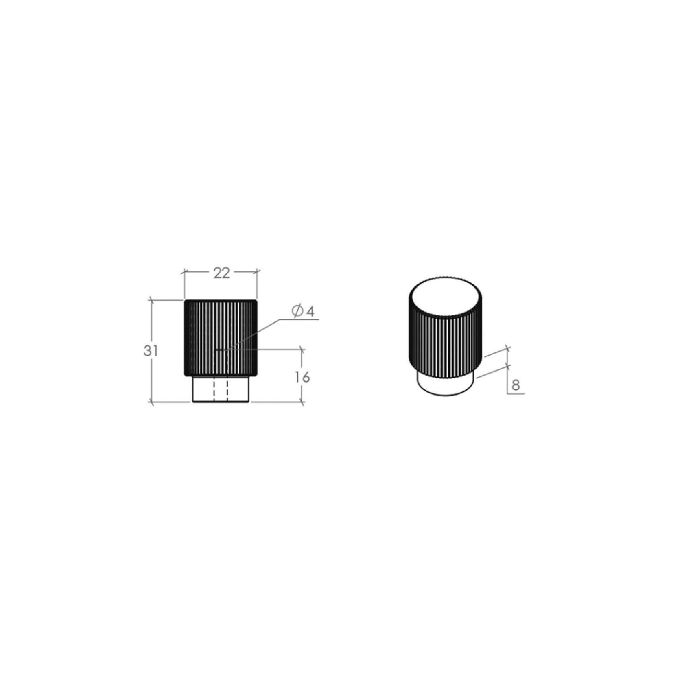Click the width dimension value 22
pos(222,273)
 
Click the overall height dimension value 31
pos(151,351)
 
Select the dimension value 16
pos(302,377)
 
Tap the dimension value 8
pos(516,385)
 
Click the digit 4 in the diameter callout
pos(310,312)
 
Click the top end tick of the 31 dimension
pos(152,300)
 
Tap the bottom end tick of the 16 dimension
pos(302,402)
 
